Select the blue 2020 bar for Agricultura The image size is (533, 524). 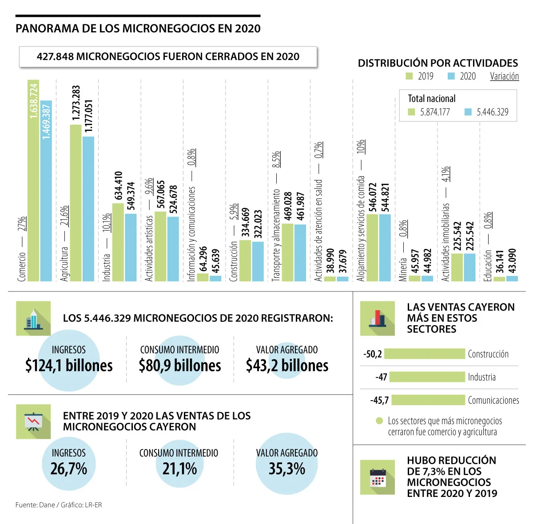[88, 209]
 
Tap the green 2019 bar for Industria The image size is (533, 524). [118, 242]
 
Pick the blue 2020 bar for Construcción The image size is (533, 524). [258, 261]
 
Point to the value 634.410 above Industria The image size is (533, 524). [119, 186]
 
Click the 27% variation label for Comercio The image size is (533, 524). [22, 224]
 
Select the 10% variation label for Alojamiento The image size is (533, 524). [361, 147]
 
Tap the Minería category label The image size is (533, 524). [403, 270]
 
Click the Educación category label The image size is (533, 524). [488, 265]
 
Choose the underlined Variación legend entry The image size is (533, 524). [504, 76]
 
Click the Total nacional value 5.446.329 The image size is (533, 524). [492, 112]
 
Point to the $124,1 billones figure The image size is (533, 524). [69, 366]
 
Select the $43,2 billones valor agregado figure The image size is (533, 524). [287, 366]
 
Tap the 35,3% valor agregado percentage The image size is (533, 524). [287, 469]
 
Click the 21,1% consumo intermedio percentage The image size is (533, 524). [179, 469]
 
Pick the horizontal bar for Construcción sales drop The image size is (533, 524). [425, 354]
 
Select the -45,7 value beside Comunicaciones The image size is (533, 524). [380, 400]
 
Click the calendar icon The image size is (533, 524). [378, 477]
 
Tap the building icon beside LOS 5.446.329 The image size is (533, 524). [33, 319]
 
